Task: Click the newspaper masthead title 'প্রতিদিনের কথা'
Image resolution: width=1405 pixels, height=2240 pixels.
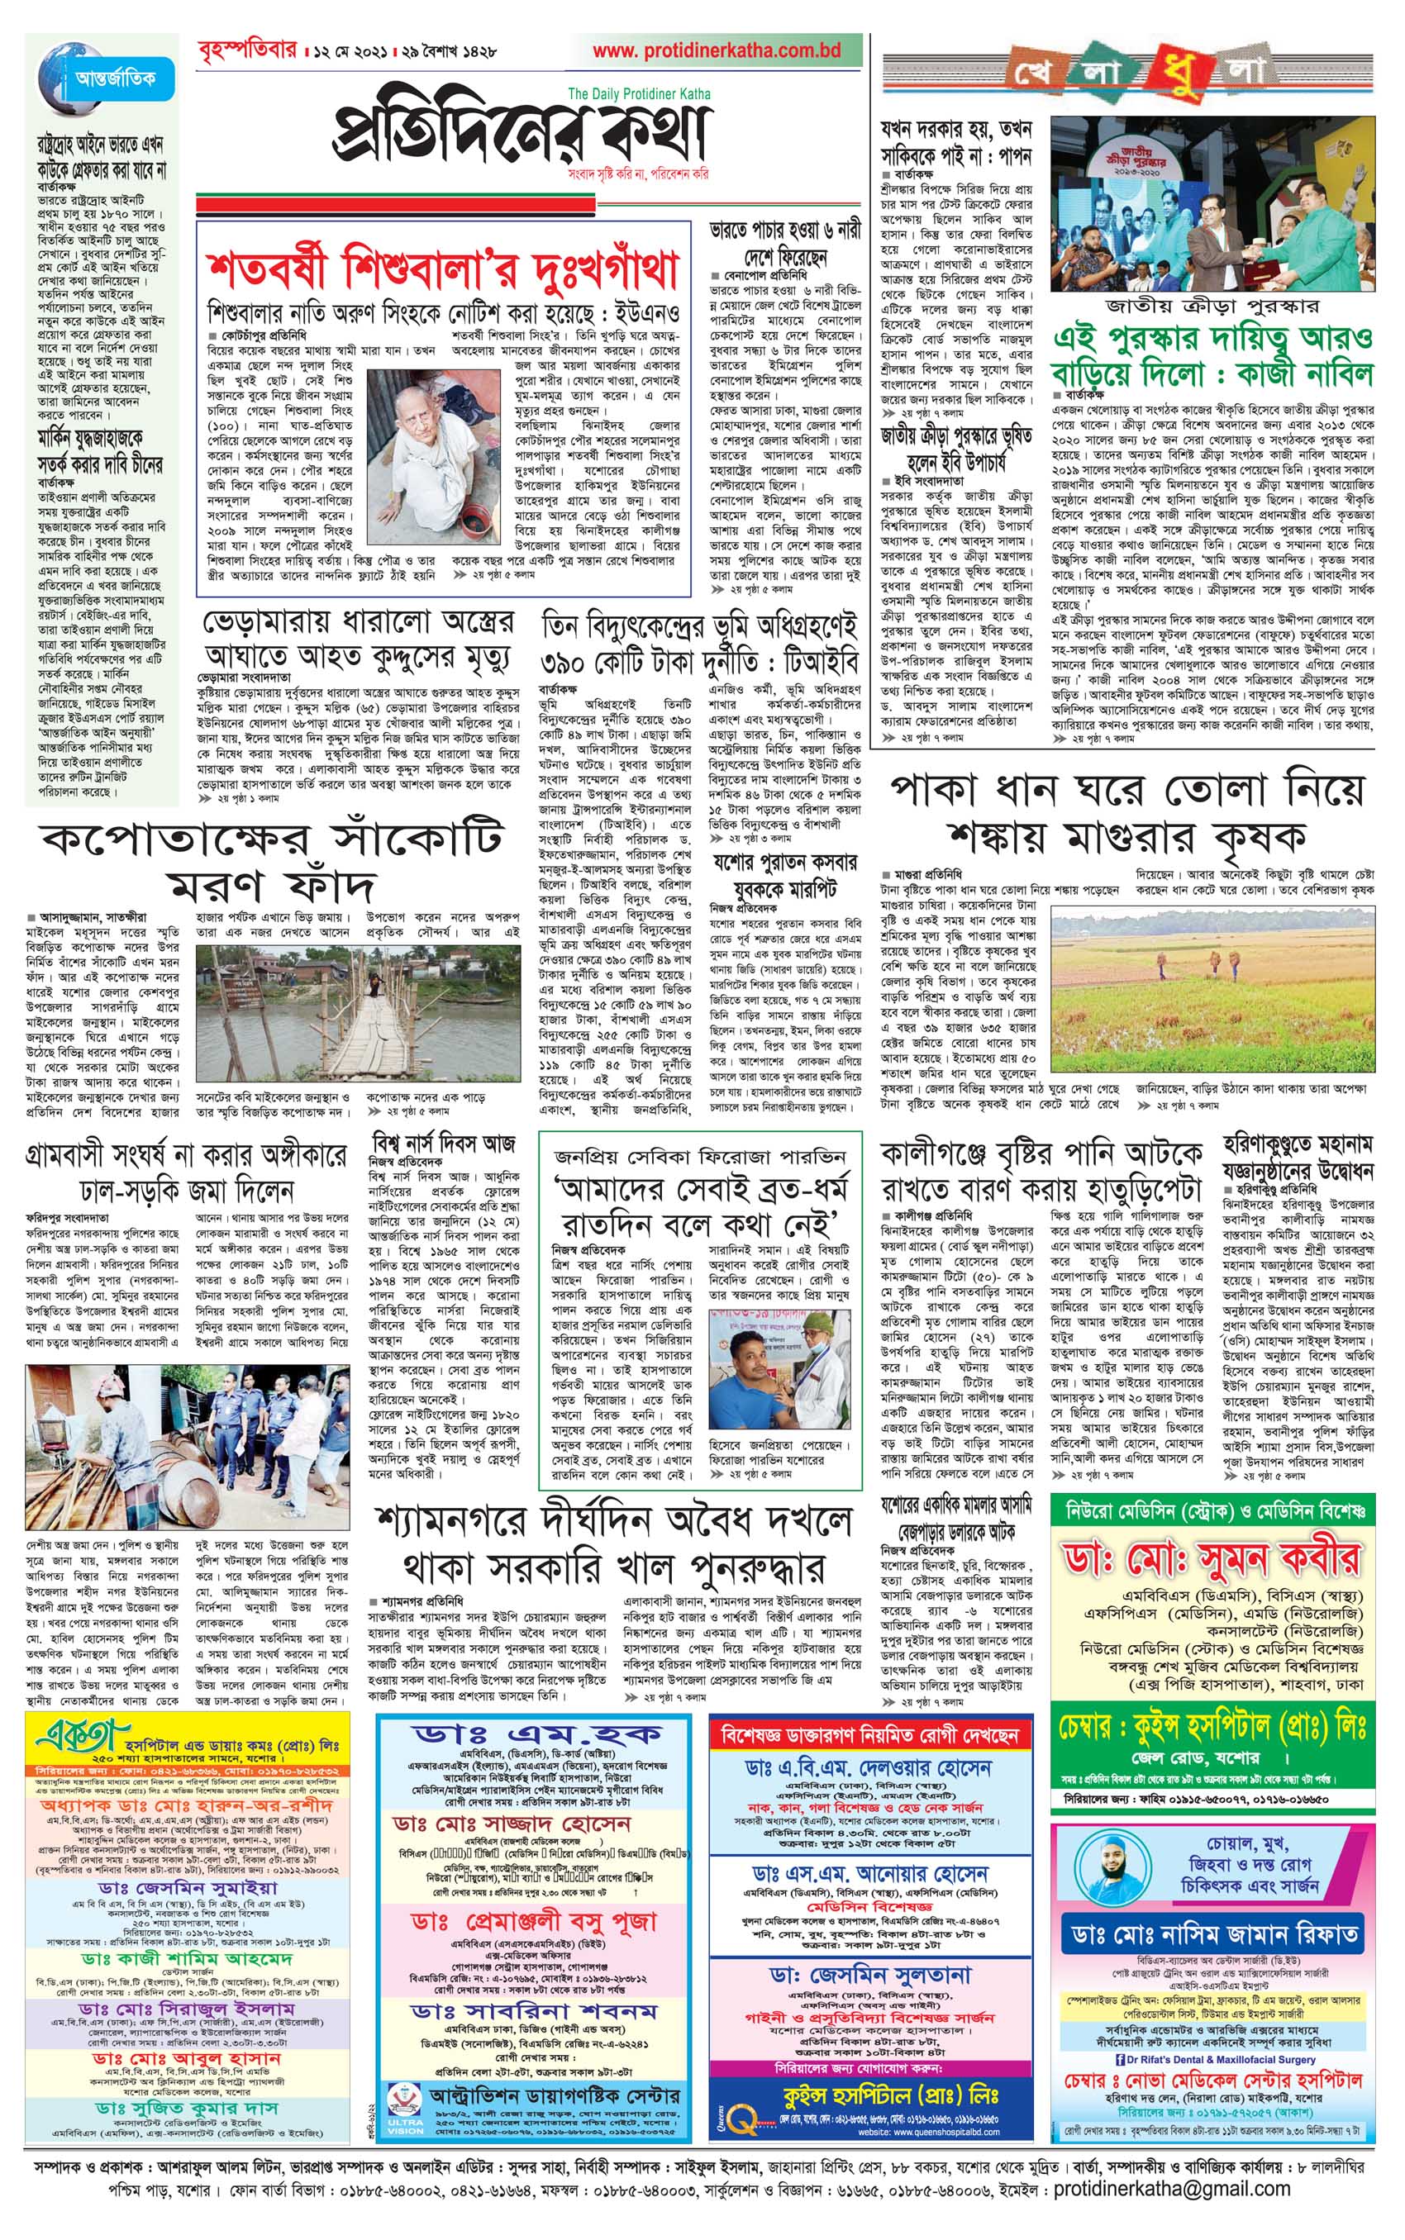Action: [521, 133]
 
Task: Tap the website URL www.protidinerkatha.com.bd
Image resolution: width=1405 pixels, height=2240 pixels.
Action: [717, 52]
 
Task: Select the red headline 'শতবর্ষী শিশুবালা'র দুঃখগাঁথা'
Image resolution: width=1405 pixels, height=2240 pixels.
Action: [442, 269]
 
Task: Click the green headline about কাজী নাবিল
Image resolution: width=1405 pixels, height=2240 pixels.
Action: [1212, 356]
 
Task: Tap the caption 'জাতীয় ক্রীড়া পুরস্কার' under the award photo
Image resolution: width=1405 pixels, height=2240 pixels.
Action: [1213, 306]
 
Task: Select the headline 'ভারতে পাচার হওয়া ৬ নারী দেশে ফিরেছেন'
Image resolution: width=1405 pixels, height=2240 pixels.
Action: [785, 242]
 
